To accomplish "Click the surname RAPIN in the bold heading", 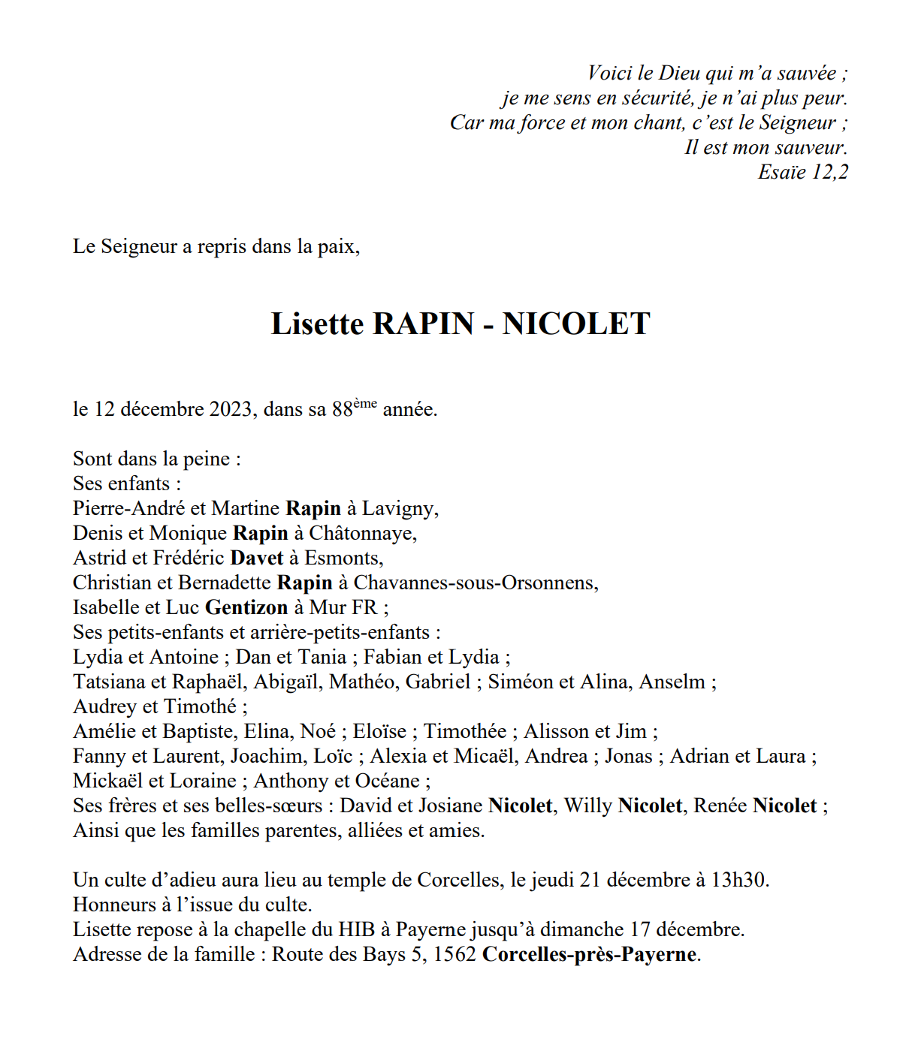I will click(423, 324).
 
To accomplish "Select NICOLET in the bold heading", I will click(576, 324).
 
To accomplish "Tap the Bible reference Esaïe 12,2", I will click(802, 172).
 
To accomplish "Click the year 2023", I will click(231, 410).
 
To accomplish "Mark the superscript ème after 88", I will click(365, 404).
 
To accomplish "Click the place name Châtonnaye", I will click(362, 534).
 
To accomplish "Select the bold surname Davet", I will click(257, 559).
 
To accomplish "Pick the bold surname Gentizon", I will click(246, 608).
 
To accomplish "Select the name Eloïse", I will click(379, 732).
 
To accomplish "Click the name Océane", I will click(389, 781).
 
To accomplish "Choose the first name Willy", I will click(588, 806).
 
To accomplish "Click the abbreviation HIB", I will click(357, 930).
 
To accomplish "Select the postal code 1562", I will click(455, 955).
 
